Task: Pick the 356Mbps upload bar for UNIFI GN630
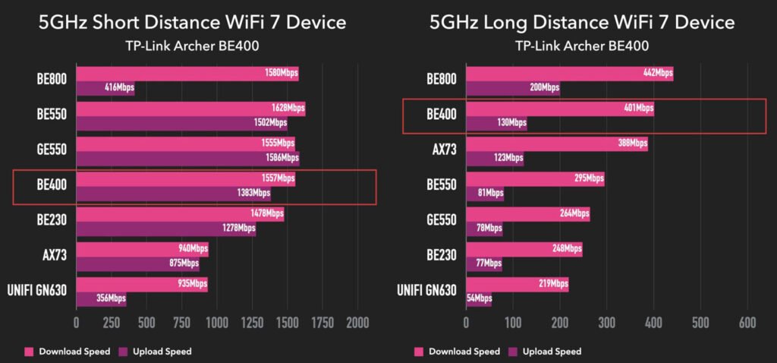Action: point(101,298)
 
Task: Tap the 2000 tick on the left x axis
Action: point(357,322)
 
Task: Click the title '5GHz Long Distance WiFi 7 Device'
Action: point(582,23)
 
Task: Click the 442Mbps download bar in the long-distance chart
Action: point(569,74)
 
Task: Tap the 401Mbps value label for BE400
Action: point(638,109)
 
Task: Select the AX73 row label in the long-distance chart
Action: point(442,150)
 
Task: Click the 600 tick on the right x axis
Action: point(748,322)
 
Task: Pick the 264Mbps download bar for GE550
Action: point(527,213)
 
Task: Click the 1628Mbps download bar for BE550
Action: point(190,109)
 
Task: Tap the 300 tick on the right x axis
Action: point(606,322)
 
